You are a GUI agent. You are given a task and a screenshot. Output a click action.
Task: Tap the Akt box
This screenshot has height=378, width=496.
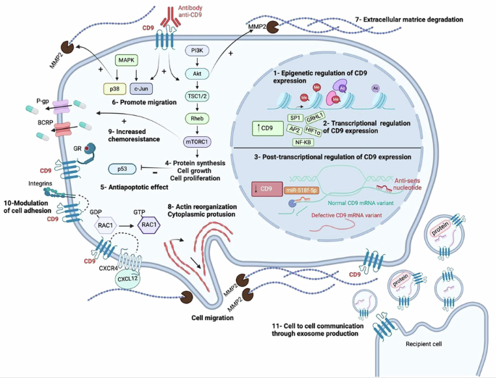coord(197,73)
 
